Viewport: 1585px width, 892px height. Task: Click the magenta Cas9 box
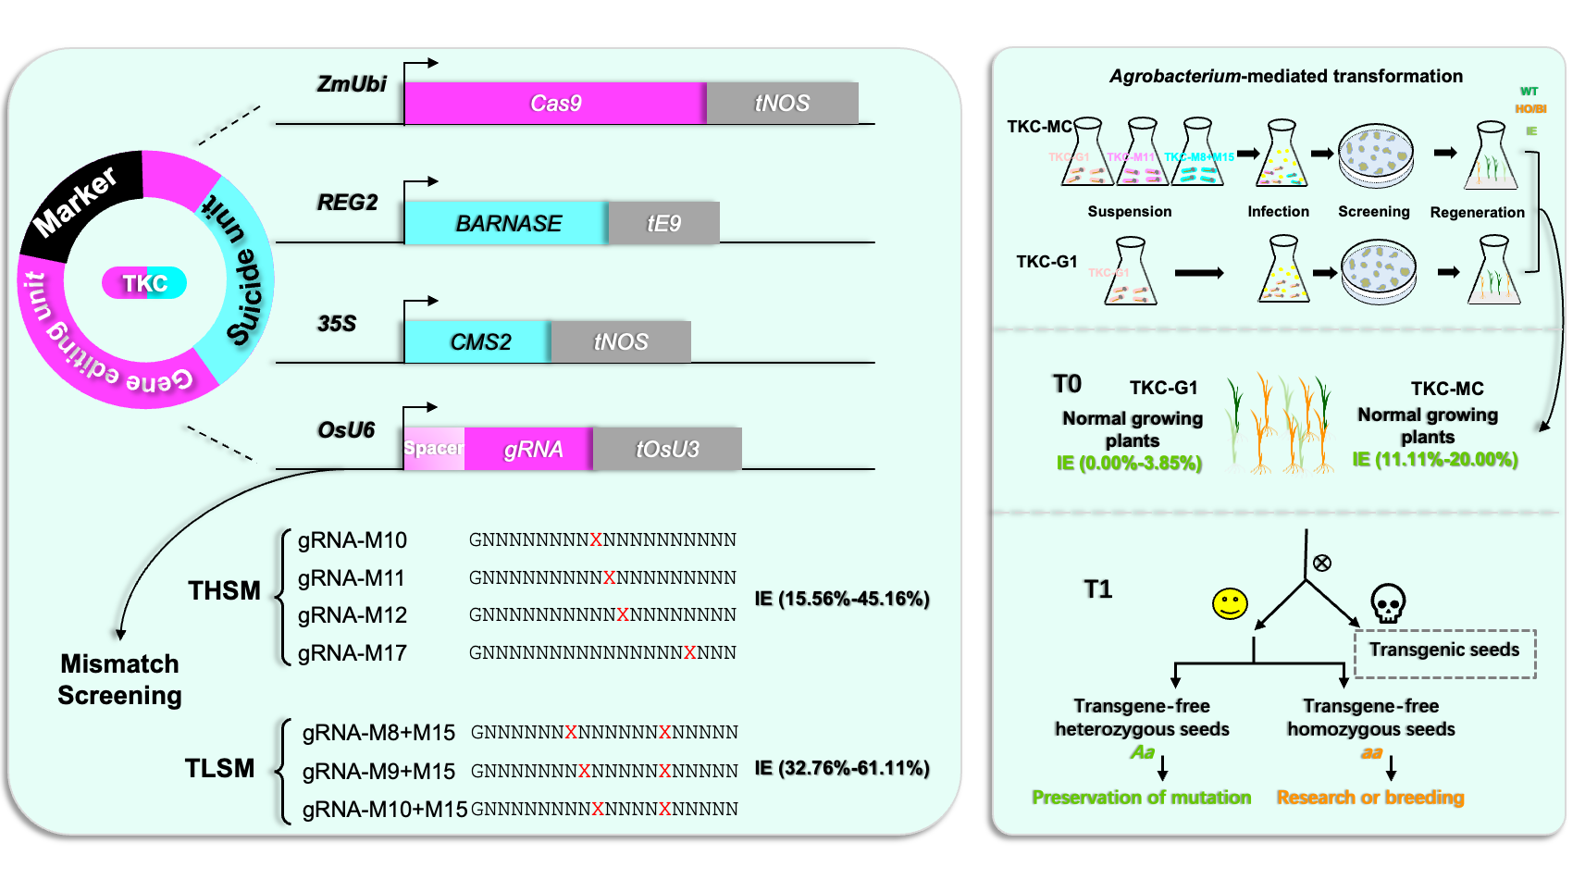tap(555, 103)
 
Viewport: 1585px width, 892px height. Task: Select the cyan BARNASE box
tap(507, 223)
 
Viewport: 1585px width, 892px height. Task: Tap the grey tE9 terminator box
tap(663, 223)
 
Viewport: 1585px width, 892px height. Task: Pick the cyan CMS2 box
tap(478, 341)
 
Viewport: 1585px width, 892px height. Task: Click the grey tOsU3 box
tap(667, 449)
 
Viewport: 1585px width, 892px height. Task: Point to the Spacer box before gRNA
tap(434, 449)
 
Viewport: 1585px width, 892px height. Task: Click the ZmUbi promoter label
tap(352, 84)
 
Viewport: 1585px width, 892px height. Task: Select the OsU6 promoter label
tap(346, 430)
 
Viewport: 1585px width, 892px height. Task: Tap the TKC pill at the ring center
tap(145, 283)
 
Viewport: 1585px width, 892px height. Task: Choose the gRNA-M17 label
tap(353, 653)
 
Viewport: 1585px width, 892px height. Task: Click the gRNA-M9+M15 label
tap(379, 771)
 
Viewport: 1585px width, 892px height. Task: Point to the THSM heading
tap(224, 590)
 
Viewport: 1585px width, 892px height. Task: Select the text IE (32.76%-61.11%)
tap(842, 768)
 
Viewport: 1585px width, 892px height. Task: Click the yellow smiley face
tap(1230, 603)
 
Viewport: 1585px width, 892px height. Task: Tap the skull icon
tap(1387, 603)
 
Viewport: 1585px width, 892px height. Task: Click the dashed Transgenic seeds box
tap(1444, 653)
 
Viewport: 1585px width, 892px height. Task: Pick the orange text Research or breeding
tap(1370, 798)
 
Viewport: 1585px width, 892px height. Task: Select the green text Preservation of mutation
tap(1141, 798)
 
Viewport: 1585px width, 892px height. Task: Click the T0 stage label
tap(1067, 384)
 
